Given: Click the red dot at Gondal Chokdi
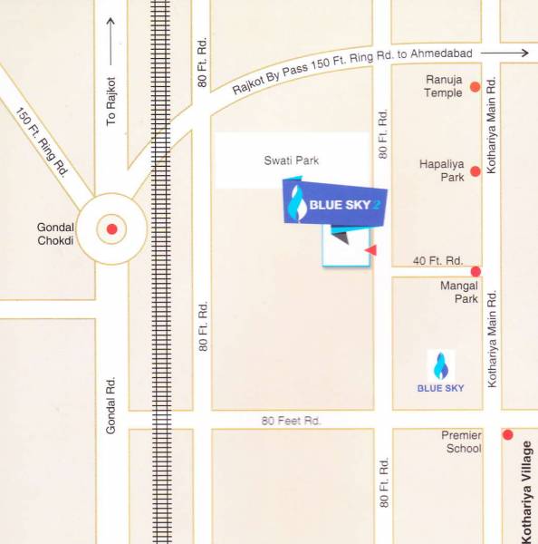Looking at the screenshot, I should point(111,229).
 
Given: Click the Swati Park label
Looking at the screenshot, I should point(292,160).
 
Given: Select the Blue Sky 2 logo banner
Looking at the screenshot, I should point(336,205).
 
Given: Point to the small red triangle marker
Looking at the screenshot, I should point(370,249).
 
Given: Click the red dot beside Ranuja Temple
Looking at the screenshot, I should point(474,86).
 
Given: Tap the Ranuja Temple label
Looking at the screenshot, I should point(444,86).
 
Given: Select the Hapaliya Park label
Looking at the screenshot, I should point(442,170).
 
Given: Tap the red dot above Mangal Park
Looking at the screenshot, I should point(475,271).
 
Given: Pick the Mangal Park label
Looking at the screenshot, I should point(458,292).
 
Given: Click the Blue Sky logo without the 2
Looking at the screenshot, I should point(440,372).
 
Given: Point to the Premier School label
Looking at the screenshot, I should point(461,442).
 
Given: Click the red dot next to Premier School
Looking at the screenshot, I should point(508,434).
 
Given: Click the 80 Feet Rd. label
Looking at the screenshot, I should point(292,421).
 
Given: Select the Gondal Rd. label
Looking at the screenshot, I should point(112,404).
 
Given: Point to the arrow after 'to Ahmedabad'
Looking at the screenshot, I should point(511,53).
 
